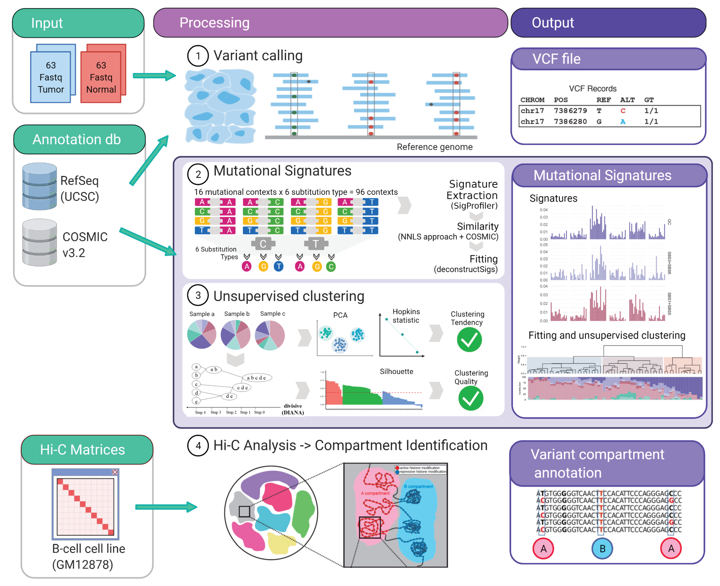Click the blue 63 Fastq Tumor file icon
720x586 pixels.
[x=51, y=77]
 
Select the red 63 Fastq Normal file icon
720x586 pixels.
[x=101, y=77]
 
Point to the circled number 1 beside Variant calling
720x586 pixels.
[x=198, y=56]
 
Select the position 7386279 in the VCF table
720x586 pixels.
[x=570, y=111]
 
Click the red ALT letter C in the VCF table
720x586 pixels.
[x=623, y=111]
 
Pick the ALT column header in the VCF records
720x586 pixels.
[x=627, y=100]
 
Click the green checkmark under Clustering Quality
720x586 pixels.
[x=471, y=398]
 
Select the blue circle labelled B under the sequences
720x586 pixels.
[x=602, y=549]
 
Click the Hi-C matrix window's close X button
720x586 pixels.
[x=115, y=472]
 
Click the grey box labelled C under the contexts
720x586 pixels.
[x=263, y=243]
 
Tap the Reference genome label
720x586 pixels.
[x=435, y=147]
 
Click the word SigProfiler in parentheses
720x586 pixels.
[x=474, y=206]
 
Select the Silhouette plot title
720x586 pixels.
[x=396, y=371]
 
